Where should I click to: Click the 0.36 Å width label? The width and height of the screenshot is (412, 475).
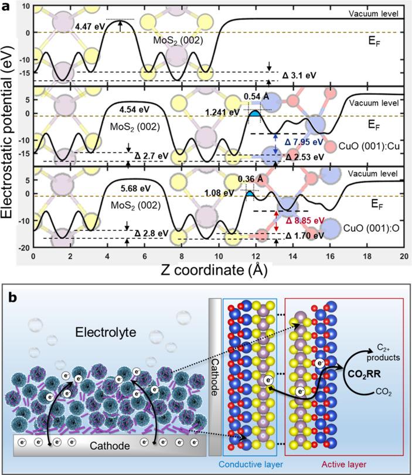[249, 179]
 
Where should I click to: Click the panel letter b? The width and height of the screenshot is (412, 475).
[13, 297]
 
